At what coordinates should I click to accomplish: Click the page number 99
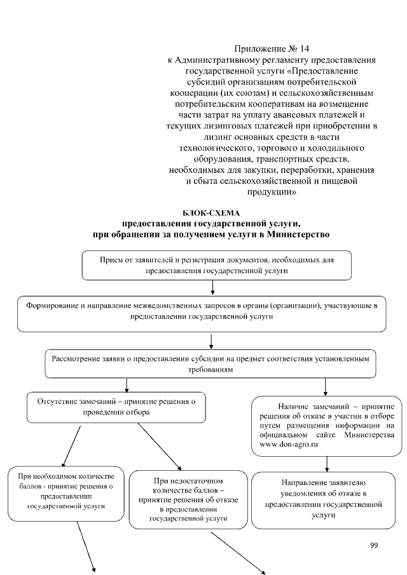click(374, 545)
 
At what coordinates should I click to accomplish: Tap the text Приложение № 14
click(272, 48)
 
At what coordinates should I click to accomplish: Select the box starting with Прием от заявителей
click(217, 265)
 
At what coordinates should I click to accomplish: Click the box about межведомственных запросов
click(202, 311)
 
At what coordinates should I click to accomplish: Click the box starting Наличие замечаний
click(326, 425)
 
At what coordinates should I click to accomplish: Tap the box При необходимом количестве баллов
click(66, 492)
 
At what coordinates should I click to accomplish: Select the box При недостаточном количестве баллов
click(189, 499)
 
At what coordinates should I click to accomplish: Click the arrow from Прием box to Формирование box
click(217, 288)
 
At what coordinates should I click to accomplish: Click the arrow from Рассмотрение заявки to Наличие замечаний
click(326, 386)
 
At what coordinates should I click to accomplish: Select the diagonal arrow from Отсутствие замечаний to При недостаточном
click(159, 445)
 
